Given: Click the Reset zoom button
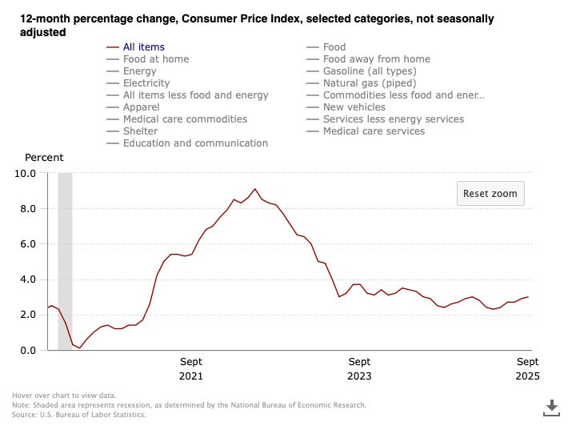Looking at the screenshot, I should [x=490, y=193].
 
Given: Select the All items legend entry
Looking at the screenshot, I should [x=145, y=47].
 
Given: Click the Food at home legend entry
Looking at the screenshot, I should [x=157, y=59].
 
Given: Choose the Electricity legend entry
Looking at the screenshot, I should [x=146, y=83].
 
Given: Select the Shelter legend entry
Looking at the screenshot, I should [x=140, y=131].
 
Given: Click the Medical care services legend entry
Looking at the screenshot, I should [x=374, y=131].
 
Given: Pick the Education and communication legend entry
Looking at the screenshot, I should [x=195, y=143].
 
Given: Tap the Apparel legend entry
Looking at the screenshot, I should [x=142, y=107].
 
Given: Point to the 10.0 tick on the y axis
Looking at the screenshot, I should [x=25, y=173].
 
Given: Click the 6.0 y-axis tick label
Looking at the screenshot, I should [x=27, y=243].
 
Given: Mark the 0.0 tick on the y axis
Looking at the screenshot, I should [x=27, y=350].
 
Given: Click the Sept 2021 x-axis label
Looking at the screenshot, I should [x=191, y=368].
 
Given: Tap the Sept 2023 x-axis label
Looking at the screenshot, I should [x=359, y=368].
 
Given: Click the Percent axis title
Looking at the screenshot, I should [x=44, y=158].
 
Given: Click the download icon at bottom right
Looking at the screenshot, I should [x=550, y=406].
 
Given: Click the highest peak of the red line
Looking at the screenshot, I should [x=255, y=189].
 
